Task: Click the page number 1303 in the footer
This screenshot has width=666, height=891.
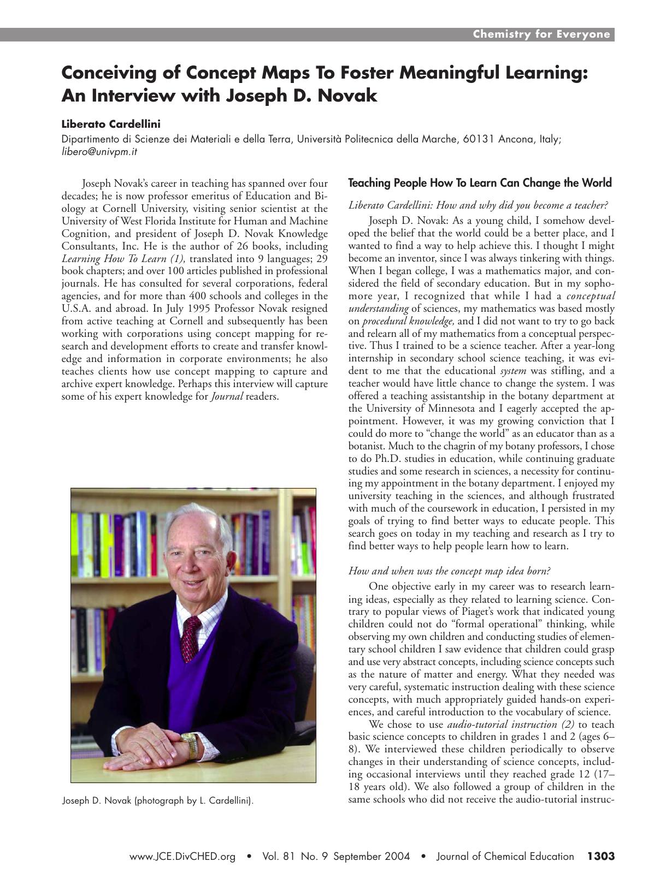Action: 600,856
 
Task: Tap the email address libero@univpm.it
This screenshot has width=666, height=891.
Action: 99,152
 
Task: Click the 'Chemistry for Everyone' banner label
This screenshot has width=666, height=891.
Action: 541,34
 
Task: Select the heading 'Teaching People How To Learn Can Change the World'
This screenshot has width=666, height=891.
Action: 480,183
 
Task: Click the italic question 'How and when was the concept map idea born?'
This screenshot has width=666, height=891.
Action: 449,571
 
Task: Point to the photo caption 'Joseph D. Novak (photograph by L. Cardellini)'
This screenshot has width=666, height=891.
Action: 158,801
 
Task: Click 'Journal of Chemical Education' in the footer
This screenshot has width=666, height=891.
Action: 505,857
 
